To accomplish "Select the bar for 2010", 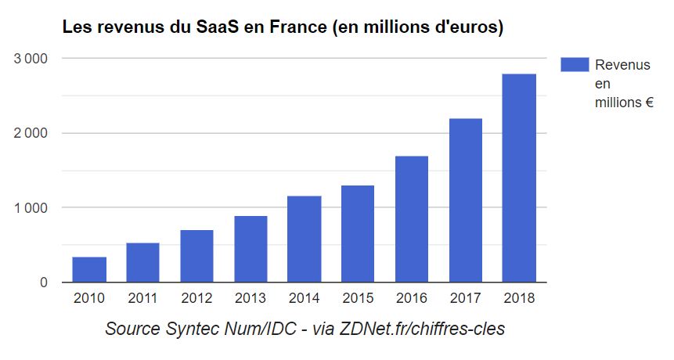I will (89, 269).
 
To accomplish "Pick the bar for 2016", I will (412, 219).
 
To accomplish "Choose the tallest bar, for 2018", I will (519, 178).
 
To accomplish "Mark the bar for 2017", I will (466, 200).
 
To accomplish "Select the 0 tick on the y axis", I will (44, 283).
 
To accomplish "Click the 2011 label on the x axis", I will (142, 298).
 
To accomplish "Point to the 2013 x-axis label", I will (250, 298).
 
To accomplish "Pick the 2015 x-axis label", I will (358, 298).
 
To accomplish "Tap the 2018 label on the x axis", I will (519, 298).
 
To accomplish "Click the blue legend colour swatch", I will (575, 65).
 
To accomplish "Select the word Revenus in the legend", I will (622, 65).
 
